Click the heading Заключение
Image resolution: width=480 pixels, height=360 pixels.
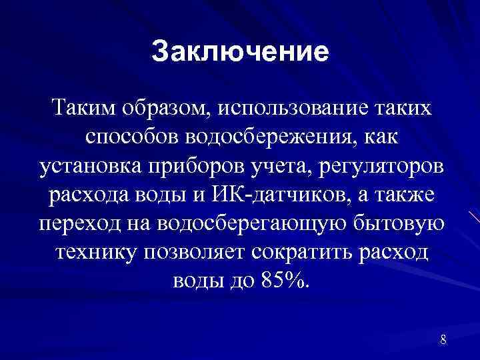tap(240, 51)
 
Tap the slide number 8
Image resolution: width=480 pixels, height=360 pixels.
tap(443, 341)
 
